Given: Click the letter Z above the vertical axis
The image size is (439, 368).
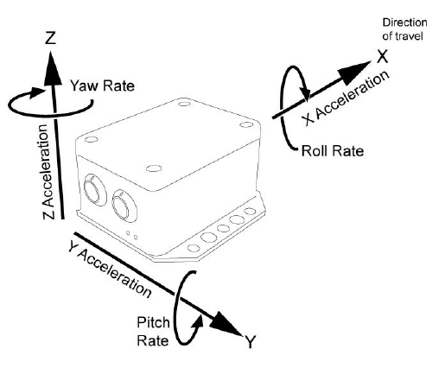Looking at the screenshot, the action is (50, 38).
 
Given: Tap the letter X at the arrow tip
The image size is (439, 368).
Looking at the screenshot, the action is (383, 56).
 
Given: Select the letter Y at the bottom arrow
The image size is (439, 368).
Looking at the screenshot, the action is (250, 342).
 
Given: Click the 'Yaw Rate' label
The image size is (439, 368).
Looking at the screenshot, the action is (103, 86).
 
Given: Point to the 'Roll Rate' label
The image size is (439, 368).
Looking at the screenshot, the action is (333, 151).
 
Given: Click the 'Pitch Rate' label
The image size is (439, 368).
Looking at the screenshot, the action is (153, 332).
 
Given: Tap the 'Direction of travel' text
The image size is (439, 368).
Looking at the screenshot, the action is (404, 29).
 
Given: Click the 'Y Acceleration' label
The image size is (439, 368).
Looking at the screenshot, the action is (110, 270).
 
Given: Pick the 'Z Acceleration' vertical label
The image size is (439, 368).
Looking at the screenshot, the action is (48, 172).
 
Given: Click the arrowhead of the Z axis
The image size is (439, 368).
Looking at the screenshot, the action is (52, 68).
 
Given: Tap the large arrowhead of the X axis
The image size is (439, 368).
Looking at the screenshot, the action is (353, 72).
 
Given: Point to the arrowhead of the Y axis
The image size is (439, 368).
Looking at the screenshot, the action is (226, 323).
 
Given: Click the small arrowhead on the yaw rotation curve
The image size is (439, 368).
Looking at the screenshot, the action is (36, 92).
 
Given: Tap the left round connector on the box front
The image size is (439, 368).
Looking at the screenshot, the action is (94, 189).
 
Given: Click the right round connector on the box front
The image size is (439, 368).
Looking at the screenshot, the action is (124, 205).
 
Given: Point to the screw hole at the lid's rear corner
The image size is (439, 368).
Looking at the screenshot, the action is (184, 103).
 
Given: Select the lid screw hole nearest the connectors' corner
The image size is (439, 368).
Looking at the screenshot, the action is (92, 139).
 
